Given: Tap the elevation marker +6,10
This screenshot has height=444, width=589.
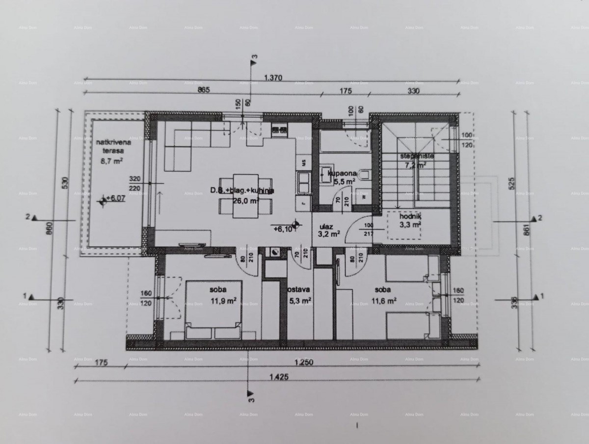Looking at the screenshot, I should pyautogui.click(x=285, y=228).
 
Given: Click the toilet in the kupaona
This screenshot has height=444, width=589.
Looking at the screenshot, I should pyautogui.click(x=364, y=175).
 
